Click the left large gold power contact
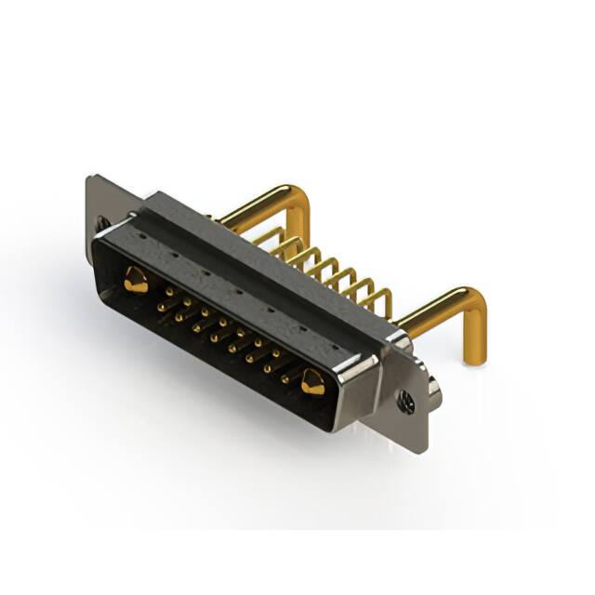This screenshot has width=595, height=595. (x=136, y=279)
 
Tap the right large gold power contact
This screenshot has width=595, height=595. (x=312, y=381)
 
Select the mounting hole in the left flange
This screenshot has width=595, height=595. (x=101, y=223)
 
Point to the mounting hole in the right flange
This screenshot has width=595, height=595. (x=405, y=403)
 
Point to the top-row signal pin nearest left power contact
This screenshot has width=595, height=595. (x=168, y=291)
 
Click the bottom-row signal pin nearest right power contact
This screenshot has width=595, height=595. (x=285, y=380)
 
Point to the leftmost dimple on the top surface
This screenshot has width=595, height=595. (x=141, y=236)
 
